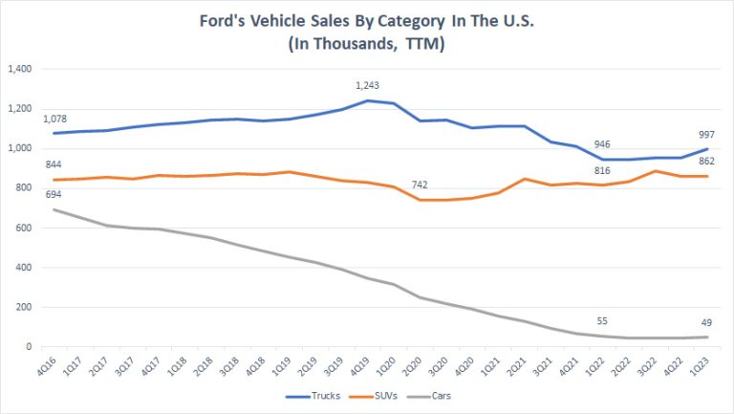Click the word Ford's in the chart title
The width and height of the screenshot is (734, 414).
tap(236, 21)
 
